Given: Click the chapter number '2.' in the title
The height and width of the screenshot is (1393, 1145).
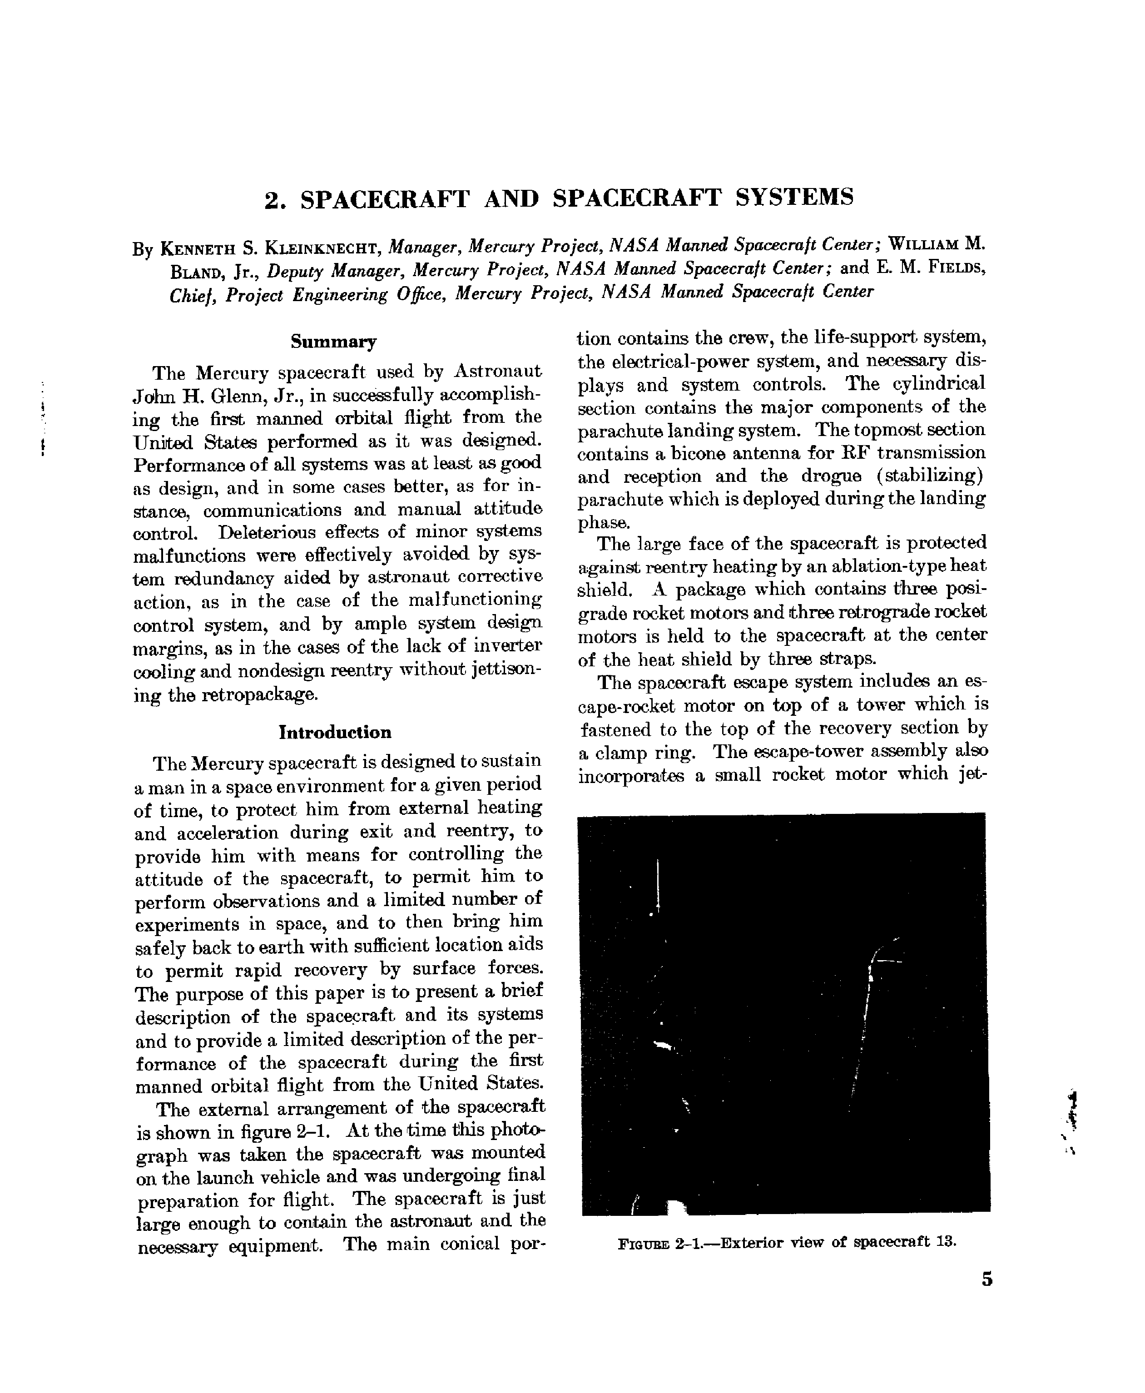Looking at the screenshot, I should pyautogui.click(x=275, y=200).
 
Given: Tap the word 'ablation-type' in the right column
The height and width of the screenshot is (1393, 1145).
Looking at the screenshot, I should pyautogui.click(x=890, y=566).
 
